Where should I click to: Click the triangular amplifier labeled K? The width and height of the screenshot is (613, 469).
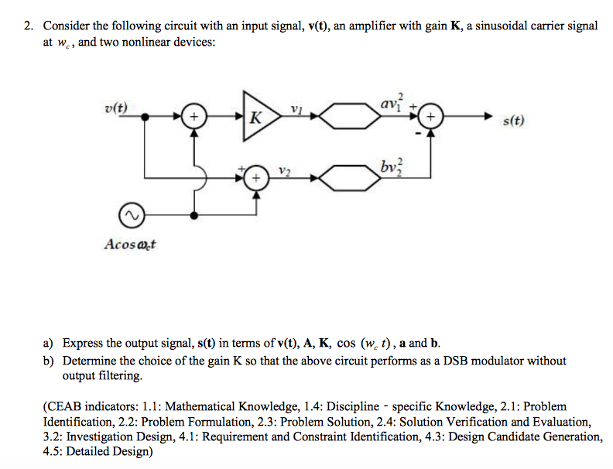259,118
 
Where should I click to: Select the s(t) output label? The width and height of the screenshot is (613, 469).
513,121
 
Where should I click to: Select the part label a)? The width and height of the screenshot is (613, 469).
48,343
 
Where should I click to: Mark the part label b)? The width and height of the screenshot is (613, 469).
48,361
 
